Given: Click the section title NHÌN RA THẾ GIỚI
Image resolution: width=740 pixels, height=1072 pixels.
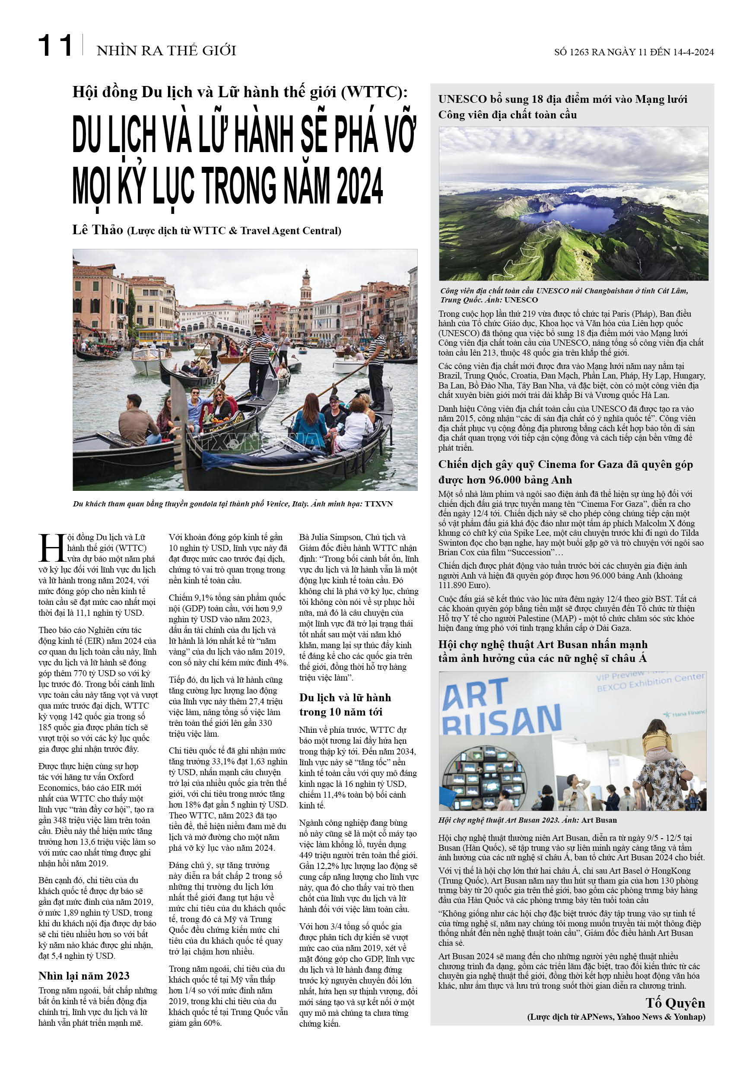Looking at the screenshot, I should pyautogui.click(x=166, y=50).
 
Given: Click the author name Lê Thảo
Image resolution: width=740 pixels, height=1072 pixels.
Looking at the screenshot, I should pyautogui.click(x=97, y=229).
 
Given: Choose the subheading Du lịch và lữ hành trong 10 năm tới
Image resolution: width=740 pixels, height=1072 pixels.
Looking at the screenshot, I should pyautogui.click(x=345, y=704).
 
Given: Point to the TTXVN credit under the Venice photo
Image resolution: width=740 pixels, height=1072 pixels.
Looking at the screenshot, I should pyautogui.click(x=378, y=503).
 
